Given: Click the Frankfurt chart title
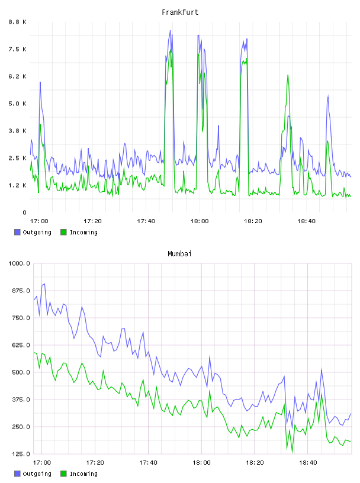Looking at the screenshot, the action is [180, 12].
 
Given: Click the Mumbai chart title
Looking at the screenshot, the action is [179, 253].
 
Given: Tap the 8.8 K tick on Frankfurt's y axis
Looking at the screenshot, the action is [17, 22].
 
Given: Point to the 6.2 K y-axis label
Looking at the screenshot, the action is [17, 76].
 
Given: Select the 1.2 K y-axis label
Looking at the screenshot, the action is [17, 185].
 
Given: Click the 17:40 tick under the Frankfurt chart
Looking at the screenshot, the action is [146, 221].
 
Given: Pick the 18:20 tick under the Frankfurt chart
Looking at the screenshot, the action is [253, 221].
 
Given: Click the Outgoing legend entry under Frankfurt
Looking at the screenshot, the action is [33, 232].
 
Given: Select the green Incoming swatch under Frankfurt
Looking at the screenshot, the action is [63, 232].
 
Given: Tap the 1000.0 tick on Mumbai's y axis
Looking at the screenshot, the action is [19, 263].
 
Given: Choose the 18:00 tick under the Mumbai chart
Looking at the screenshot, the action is [201, 462].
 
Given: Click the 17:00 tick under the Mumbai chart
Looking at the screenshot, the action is [42, 462].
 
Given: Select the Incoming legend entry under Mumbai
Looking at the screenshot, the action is [79, 474].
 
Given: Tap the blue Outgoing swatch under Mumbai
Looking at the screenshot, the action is [17, 474].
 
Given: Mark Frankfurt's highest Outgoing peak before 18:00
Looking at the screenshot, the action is [170, 31].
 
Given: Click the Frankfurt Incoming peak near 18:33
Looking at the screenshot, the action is [288, 75].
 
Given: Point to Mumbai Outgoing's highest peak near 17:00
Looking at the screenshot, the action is [44, 284].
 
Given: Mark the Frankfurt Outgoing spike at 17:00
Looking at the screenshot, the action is [40, 82].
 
